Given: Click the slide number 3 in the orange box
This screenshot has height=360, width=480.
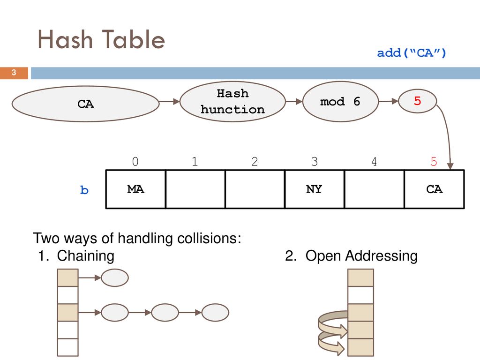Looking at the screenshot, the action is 14,73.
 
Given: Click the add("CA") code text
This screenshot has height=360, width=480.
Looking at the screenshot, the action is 412,53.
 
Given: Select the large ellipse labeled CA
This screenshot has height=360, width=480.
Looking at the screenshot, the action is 85,104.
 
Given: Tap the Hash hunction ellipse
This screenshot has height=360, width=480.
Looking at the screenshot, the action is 232,102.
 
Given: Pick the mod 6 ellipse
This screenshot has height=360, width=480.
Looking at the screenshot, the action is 340,102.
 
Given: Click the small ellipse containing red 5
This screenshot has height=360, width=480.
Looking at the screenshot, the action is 418,101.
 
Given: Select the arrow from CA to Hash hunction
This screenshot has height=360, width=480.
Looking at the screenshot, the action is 170,101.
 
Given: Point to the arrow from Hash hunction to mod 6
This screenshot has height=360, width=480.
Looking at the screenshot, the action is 294,101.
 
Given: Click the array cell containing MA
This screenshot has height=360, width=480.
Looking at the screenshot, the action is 135,189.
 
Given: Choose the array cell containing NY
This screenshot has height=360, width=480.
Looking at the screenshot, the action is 315,189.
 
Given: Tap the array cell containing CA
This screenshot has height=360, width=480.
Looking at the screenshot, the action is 435,189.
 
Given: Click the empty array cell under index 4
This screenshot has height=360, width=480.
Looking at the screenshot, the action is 375,189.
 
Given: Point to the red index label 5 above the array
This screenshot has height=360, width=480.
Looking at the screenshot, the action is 434,161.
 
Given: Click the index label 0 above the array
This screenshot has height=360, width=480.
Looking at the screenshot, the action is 135,161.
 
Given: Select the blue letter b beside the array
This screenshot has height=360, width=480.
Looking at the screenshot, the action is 84,190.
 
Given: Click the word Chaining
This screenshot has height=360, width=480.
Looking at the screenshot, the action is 86,256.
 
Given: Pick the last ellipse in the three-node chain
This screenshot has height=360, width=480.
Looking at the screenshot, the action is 215,312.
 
